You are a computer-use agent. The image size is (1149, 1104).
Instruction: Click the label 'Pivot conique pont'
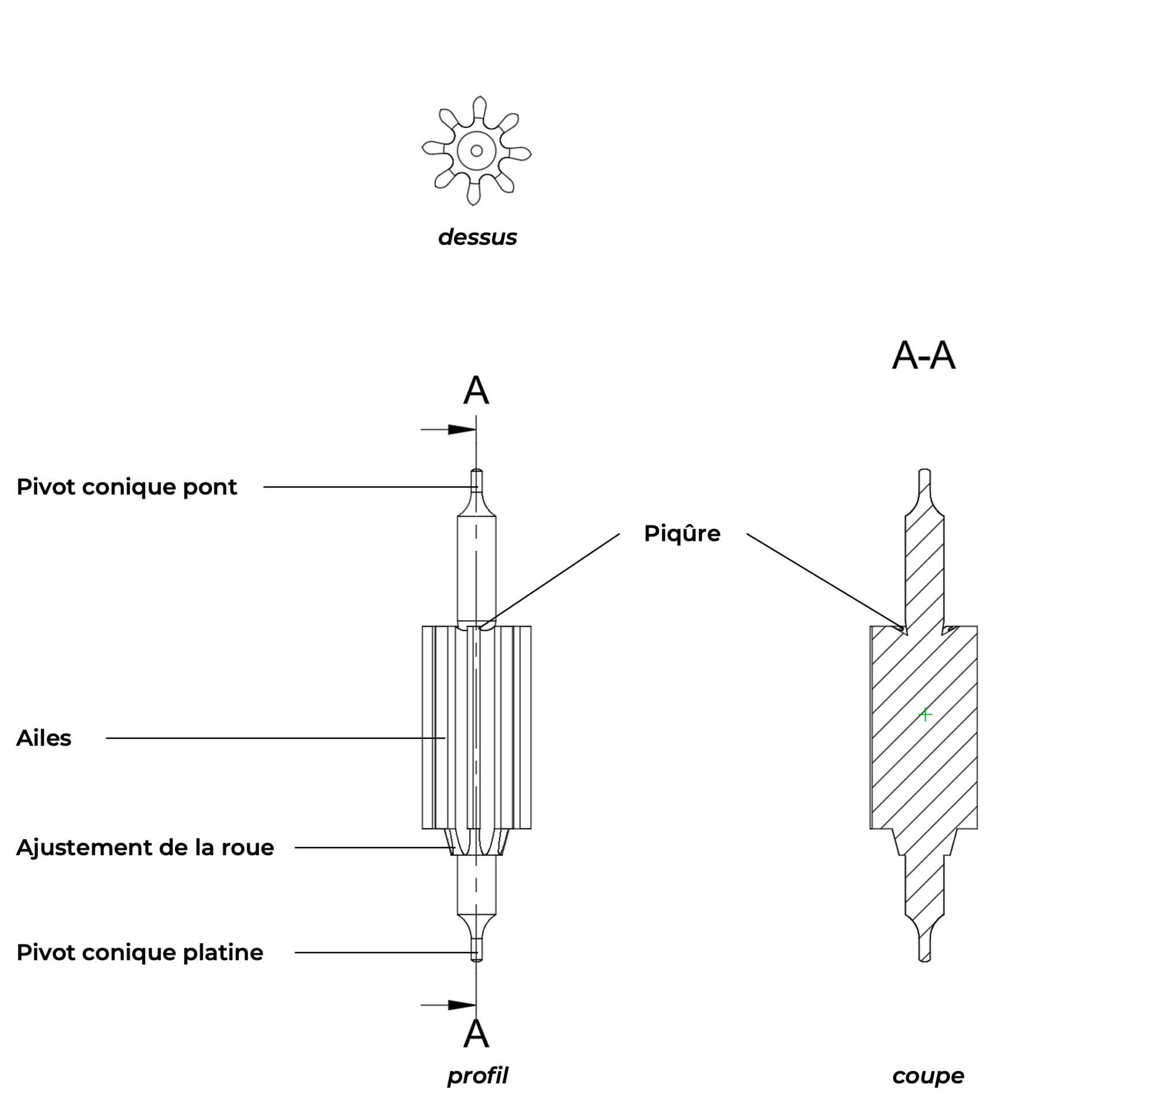pos(126,487)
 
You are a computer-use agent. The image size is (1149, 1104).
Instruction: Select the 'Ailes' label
pos(44,738)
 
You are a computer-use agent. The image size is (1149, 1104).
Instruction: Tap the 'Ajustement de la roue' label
pos(145,848)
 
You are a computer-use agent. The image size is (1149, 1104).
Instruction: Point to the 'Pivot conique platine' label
pos(140,953)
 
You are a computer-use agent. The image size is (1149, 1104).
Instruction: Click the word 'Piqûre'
pos(683,533)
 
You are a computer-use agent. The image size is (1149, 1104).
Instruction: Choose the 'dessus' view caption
pos(477,237)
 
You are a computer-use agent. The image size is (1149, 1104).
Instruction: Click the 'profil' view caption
pos(477,1076)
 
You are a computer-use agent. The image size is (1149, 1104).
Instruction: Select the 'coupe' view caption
pos(928,1076)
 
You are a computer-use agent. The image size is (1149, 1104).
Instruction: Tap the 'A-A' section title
pos(924,355)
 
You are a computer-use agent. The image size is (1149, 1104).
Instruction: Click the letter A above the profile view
pos(476,391)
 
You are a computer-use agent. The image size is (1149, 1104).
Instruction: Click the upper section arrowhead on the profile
pos(462,430)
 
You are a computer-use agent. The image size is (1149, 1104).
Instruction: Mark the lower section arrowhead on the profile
pos(462,1005)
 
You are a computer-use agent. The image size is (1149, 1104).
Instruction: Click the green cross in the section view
pos(925,715)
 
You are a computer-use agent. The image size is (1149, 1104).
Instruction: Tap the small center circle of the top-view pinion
pos(477,151)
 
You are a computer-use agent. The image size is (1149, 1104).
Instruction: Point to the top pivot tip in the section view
pos(924,470)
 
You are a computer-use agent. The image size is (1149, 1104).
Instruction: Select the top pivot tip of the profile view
pos(477,470)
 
